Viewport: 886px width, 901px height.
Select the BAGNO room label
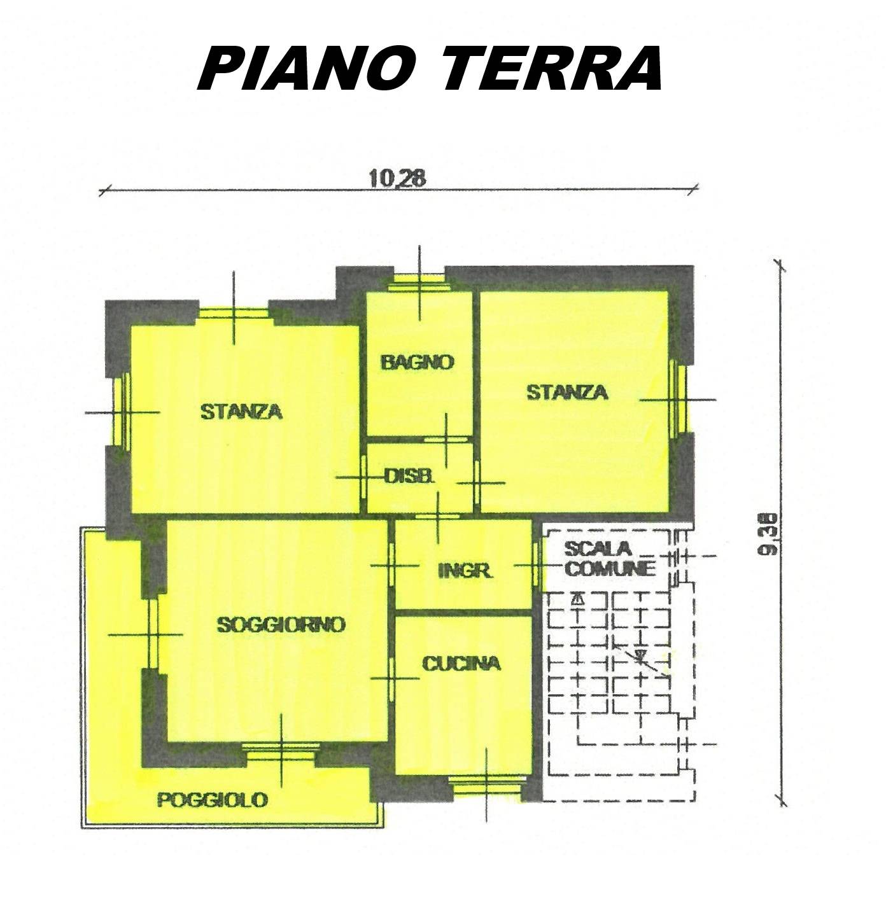tap(418, 362)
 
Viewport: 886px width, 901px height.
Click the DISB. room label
tap(410, 477)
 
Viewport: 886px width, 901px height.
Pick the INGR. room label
tap(465, 571)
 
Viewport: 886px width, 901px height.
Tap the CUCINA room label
tap(461, 664)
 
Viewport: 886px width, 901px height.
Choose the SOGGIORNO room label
tap(281, 625)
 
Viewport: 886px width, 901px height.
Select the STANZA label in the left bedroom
tap(241, 412)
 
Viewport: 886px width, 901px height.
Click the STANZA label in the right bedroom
tap(567, 393)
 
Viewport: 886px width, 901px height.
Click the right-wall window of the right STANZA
tap(679, 400)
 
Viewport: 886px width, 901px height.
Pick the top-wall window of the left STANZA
tap(234, 314)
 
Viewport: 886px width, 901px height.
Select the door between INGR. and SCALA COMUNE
tap(537, 566)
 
